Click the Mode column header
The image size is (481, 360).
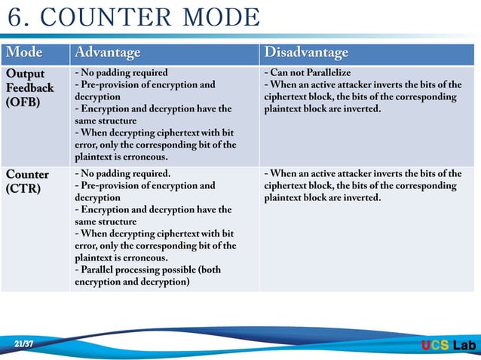click(24, 53)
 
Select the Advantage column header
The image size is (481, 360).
click(106, 53)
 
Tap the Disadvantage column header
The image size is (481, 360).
click(306, 53)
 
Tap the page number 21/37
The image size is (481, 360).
click(24, 344)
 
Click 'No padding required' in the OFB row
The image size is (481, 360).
click(121, 73)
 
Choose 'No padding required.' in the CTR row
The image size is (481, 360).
click(123, 173)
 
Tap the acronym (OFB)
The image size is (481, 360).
click(24, 102)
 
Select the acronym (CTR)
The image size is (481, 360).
click(23, 188)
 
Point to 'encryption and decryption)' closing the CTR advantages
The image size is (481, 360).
click(132, 282)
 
